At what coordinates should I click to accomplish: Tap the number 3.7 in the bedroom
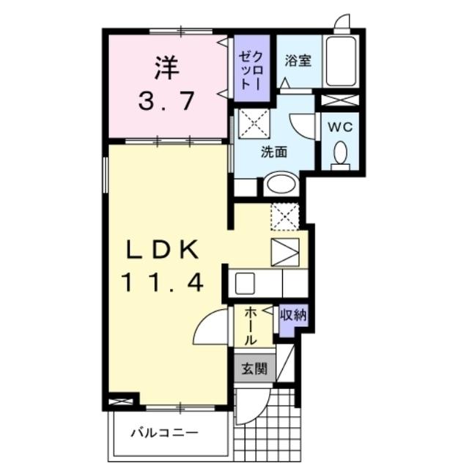pyautogui.click(x=168, y=100)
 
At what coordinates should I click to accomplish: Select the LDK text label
pyautogui.click(x=163, y=251)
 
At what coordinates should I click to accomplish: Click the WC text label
pyautogui.click(x=341, y=127)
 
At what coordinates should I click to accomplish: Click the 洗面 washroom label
pyautogui.click(x=275, y=152)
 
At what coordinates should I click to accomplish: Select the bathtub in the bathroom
pyautogui.click(x=342, y=60)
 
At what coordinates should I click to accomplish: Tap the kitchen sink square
pyautogui.click(x=245, y=282)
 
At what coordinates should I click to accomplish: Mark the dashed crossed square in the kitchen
pyautogui.click(x=285, y=217)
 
